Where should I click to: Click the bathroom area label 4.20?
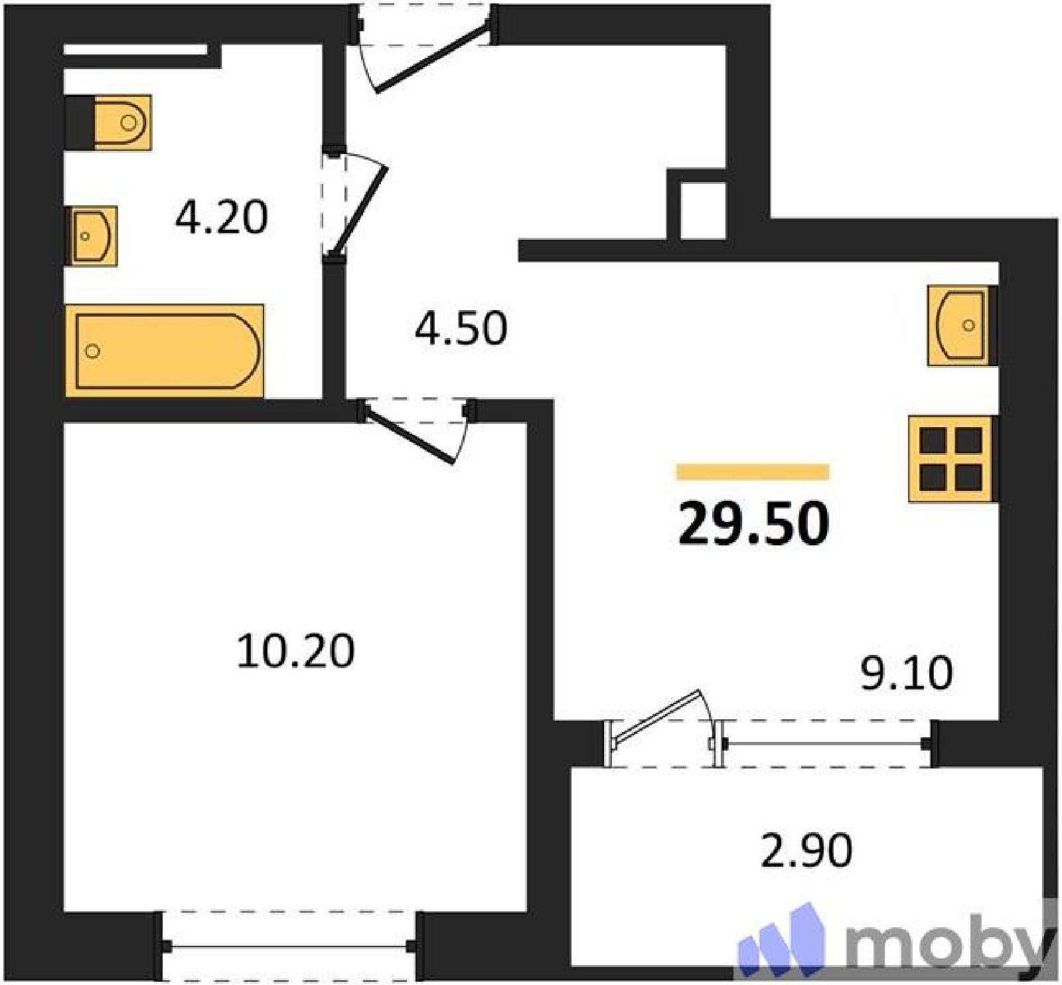[222, 217]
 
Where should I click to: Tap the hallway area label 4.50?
[461, 327]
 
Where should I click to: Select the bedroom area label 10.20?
[295, 650]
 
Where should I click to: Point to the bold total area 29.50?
[753, 523]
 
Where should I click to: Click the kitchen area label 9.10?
[907, 672]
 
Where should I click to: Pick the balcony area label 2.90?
[806, 851]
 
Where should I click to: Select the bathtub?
[165, 351]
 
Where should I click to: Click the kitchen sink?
[962, 325]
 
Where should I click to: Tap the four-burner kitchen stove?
[952, 458]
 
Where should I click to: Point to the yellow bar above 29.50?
[753, 472]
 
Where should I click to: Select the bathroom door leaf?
[359, 209]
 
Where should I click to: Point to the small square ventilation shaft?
[703, 210]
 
